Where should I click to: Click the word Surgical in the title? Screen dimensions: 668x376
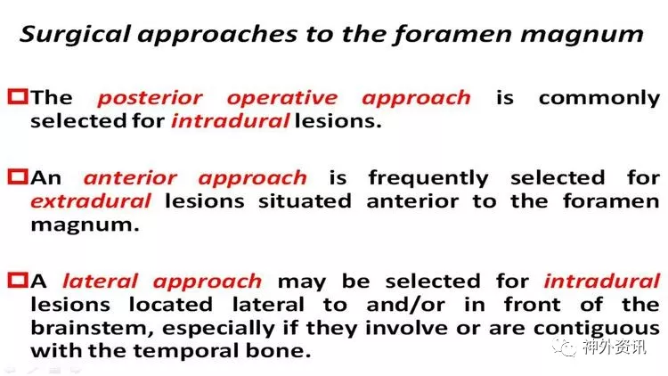(x=75, y=35)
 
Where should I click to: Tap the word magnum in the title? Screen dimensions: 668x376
(x=582, y=35)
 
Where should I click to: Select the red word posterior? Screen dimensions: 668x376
(x=151, y=99)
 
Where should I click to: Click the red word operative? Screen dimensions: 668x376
(x=282, y=99)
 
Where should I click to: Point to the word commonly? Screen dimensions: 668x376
(x=599, y=99)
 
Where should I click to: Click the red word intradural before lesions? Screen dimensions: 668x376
(x=231, y=121)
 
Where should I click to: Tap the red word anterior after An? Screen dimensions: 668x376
(x=130, y=178)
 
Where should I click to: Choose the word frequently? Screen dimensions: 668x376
(x=428, y=178)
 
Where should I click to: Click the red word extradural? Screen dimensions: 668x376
(x=91, y=201)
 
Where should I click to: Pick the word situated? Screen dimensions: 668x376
(x=305, y=201)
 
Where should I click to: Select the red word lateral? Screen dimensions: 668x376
(x=100, y=282)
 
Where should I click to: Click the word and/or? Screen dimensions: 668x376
(x=405, y=305)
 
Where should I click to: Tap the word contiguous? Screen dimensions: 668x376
(x=597, y=329)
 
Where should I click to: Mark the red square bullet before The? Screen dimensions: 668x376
(x=18, y=97)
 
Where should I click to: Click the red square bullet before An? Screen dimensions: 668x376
(x=18, y=177)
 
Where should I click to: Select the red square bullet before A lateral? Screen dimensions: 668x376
(x=18, y=281)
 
